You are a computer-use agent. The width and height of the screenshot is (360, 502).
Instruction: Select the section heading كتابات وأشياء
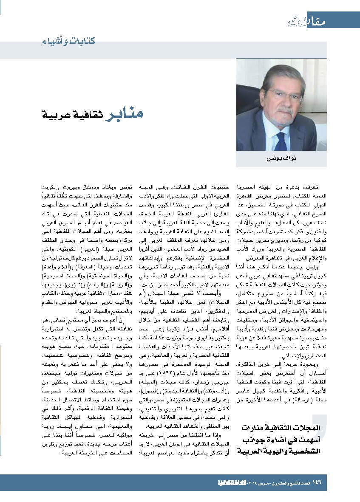[x=68, y=41]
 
